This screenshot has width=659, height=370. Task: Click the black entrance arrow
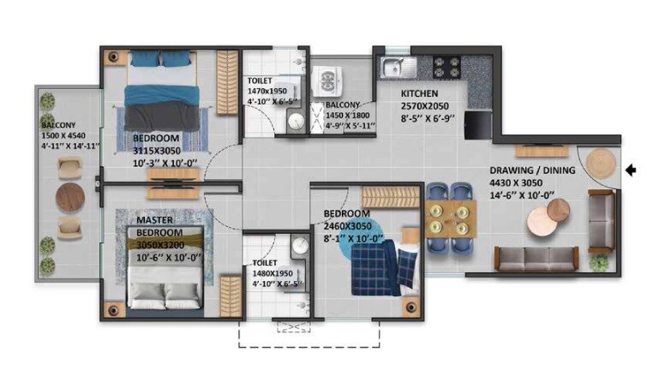point(632,170)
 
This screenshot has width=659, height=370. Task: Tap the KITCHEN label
point(420,93)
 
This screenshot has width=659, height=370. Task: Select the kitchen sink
point(396,67)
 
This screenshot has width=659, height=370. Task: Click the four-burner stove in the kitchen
point(446,67)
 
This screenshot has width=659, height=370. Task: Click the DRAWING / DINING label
point(525,170)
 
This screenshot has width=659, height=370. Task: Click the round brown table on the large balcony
point(69,199)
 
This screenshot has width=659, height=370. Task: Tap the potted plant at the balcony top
point(49,102)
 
